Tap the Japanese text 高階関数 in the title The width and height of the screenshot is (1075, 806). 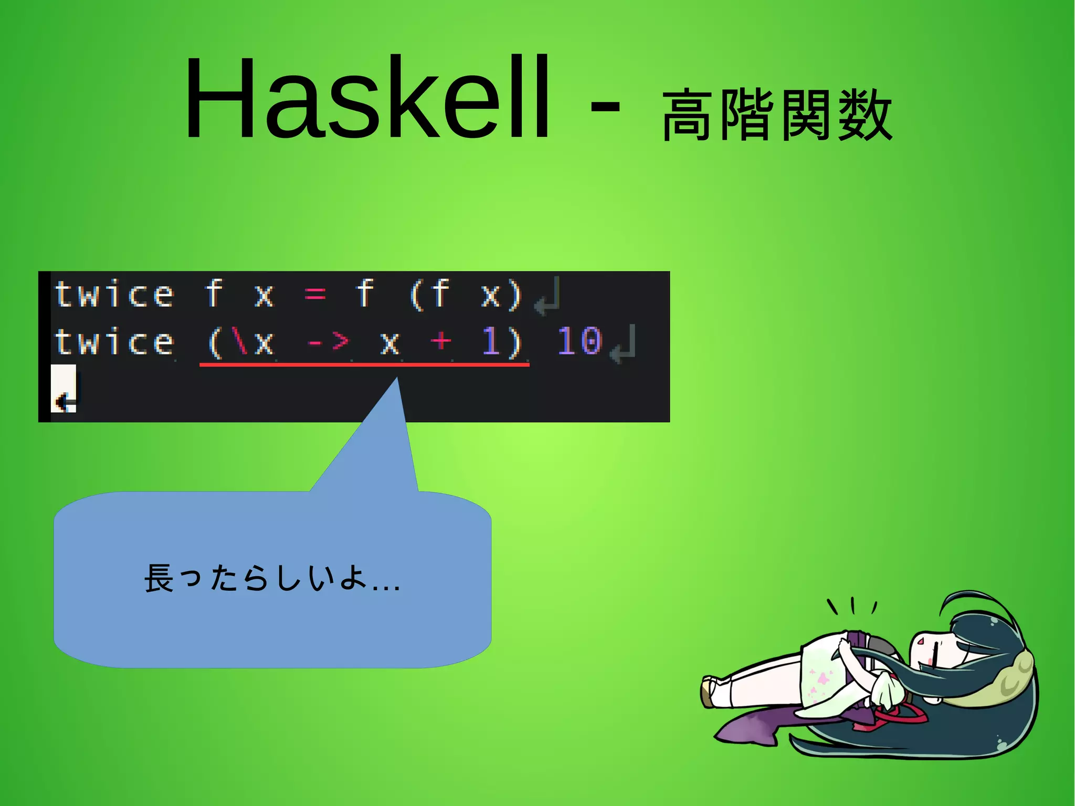pos(777,114)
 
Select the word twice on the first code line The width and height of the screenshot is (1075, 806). pos(114,294)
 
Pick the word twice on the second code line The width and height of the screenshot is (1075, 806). pos(114,342)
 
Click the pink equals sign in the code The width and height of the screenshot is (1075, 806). pos(315,294)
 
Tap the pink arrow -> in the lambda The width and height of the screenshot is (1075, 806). pos(328,342)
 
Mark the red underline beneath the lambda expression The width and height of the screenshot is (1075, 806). pos(364,363)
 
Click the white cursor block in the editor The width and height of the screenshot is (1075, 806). pos(64,389)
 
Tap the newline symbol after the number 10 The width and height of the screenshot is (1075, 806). pos(623,345)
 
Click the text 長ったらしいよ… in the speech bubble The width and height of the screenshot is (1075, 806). pos(272,579)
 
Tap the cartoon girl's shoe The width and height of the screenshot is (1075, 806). pos(710,690)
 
